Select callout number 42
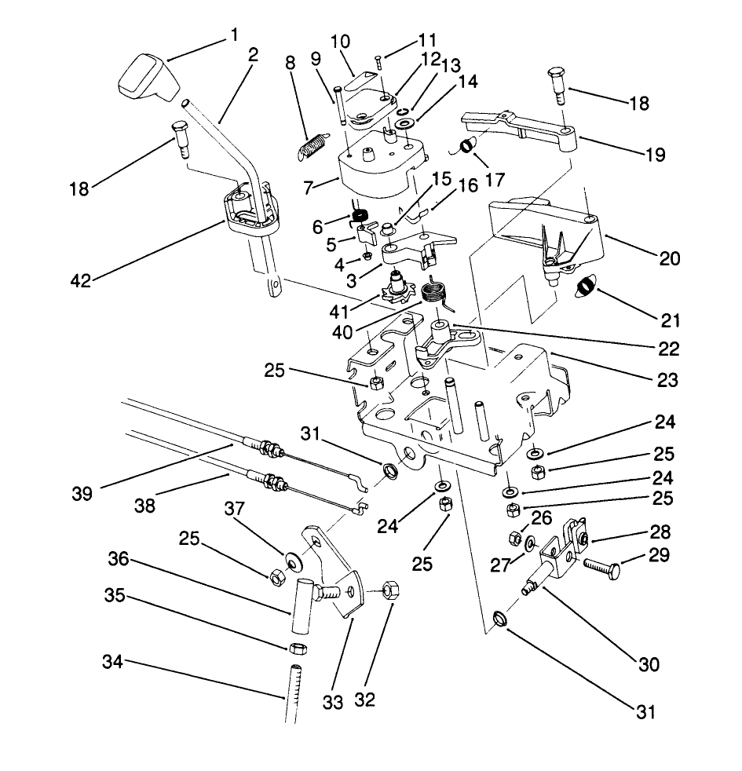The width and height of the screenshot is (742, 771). pyautogui.click(x=80, y=280)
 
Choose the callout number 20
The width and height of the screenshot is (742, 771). pyautogui.click(x=670, y=258)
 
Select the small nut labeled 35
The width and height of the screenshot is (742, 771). pyautogui.click(x=297, y=649)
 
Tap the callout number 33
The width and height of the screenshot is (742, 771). pyautogui.click(x=334, y=703)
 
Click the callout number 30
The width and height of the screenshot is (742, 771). pyautogui.click(x=647, y=664)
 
